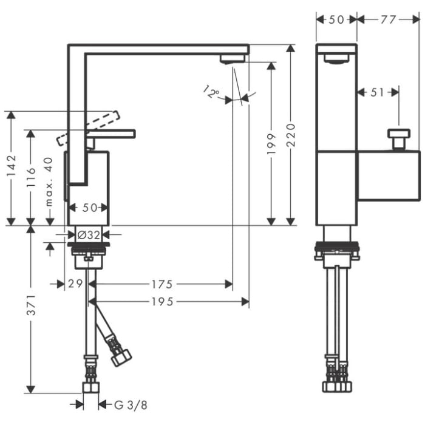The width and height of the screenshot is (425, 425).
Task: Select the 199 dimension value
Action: click(x=271, y=143)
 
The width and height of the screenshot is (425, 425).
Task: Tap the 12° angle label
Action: click(x=211, y=92)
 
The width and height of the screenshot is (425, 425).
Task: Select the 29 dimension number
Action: click(x=75, y=284)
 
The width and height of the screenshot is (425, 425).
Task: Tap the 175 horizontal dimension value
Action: click(x=161, y=284)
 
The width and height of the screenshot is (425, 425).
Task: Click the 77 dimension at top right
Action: click(x=388, y=19)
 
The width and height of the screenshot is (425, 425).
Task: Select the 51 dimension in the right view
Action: click(x=377, y=92)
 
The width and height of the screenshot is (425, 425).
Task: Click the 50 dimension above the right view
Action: click(x=336, y=19)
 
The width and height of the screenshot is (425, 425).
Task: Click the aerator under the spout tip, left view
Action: click(x=233, y=59)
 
